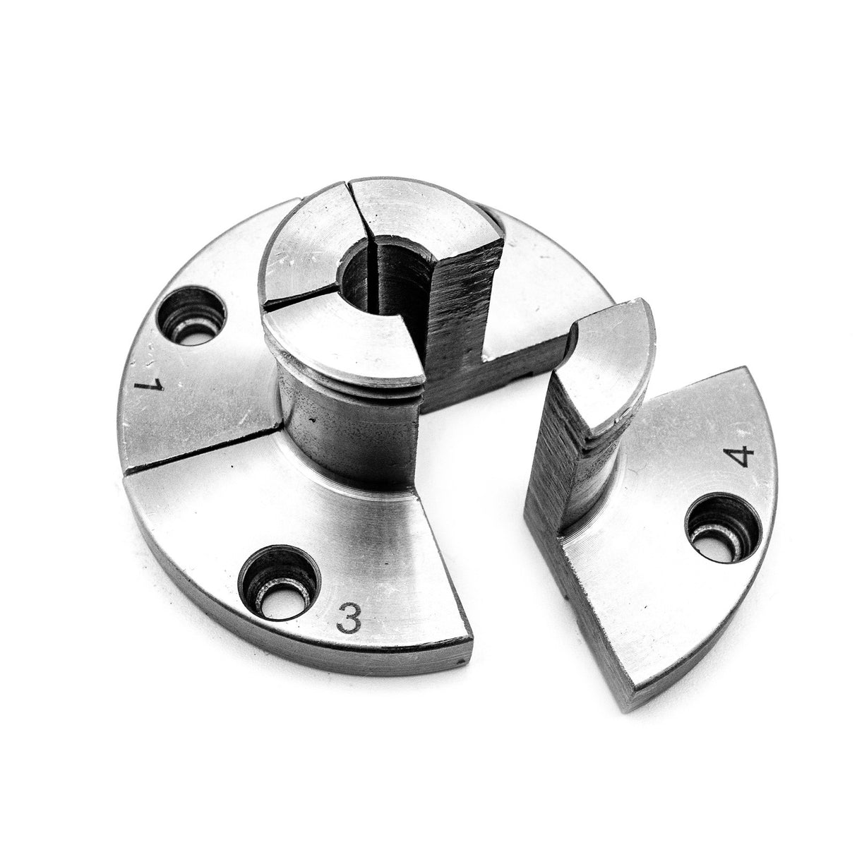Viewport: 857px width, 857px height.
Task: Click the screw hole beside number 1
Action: click(191, 318)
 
